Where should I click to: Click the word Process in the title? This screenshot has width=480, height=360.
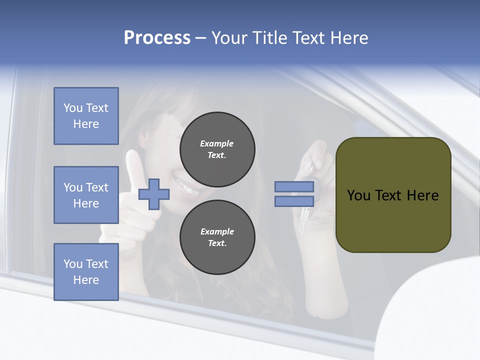[x=157, y=38]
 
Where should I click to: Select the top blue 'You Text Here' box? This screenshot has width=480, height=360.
[x=86, y=116]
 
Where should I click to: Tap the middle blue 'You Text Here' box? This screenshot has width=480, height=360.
[x=86, y=195]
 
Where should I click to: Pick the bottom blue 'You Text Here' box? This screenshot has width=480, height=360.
[x=86, y=272]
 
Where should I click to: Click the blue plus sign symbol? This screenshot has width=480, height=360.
[x=154, y=194]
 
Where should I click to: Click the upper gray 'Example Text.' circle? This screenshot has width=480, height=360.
[x=217, y=149]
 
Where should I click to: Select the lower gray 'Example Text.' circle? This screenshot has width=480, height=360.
[x=217, y=237]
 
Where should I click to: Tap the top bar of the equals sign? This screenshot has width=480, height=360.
[x=294, y=187]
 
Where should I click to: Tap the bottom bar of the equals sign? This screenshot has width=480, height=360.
[x=294, y=201]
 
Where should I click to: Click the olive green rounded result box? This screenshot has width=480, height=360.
[x=393, y=195]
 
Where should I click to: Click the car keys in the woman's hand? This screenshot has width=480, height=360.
[x=306, y=200]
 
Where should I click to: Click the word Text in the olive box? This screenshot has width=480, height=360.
[x=389, y=195]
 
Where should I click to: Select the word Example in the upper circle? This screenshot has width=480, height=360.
[x=216, y=143]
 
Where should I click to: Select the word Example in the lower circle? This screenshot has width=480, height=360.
[x=217, y=231]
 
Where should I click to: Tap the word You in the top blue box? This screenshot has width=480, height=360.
[x=73, y=108]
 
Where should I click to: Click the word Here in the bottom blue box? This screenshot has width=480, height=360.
[x=86, y=280]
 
